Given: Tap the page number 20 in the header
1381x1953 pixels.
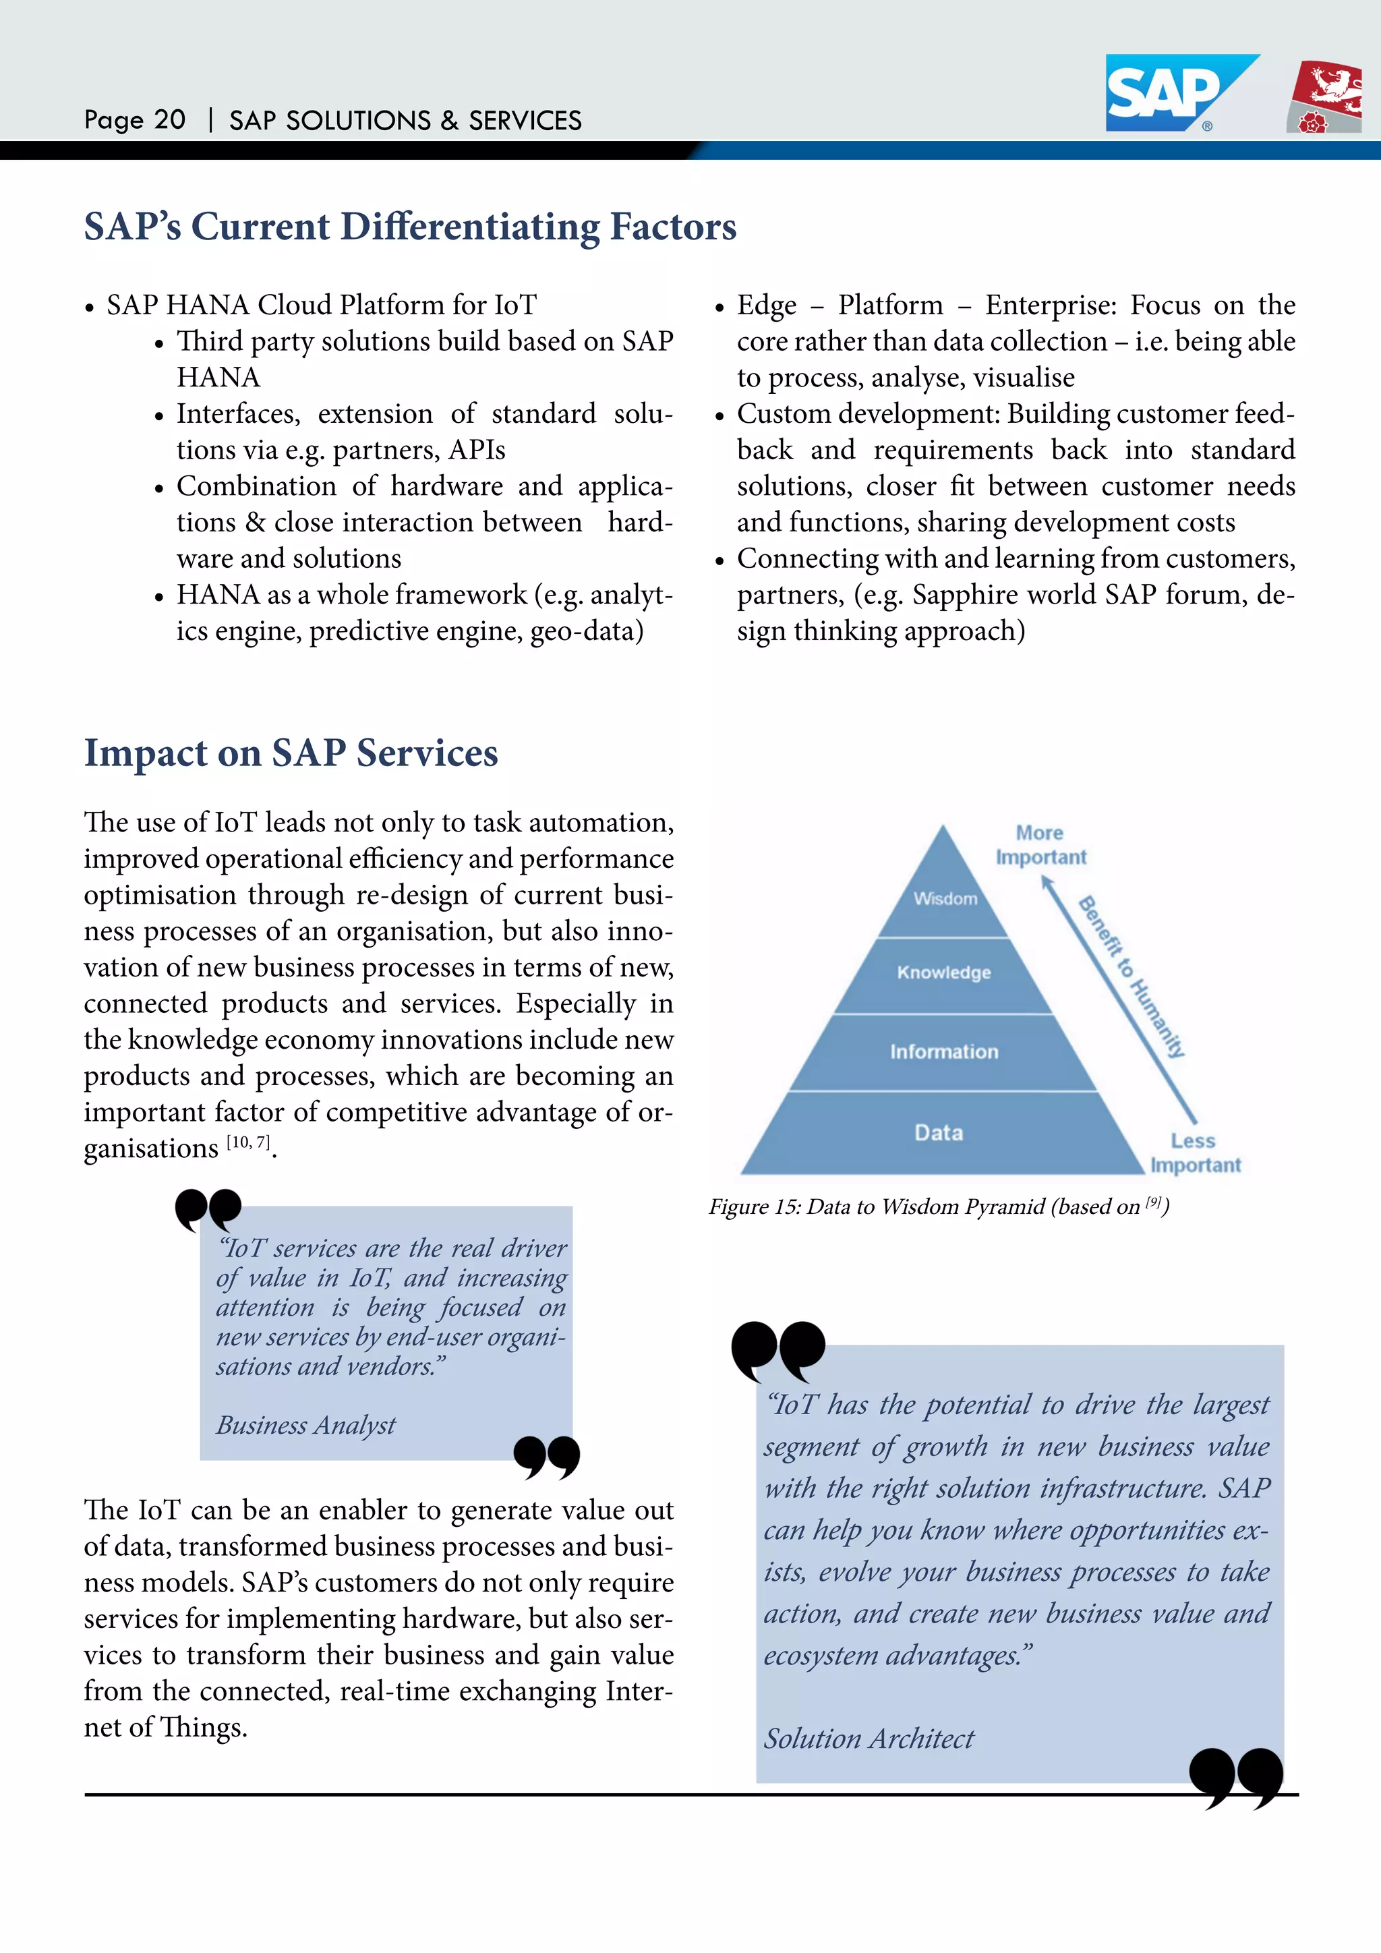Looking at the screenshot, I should click(x=169, y=120).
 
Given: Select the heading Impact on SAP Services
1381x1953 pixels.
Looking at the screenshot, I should click(x=290, y=753).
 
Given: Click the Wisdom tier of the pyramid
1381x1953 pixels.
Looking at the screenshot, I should click(x=945, y=898).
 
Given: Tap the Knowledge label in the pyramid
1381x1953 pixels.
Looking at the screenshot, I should click(x=944, y=972).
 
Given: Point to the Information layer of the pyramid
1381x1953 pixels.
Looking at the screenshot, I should click(x=944, y=1051).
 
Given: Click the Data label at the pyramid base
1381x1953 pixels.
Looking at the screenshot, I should click(x=939, y=1132).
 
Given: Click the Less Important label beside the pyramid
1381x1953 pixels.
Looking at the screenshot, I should click(x=1195, y=1153).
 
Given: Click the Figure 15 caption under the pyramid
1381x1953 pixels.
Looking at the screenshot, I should click(x=938, y=1206).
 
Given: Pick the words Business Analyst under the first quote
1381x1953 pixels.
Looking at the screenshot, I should click(x=305, y=1425).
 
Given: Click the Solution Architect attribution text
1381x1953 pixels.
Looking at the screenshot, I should click(x=869, y=1738).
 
